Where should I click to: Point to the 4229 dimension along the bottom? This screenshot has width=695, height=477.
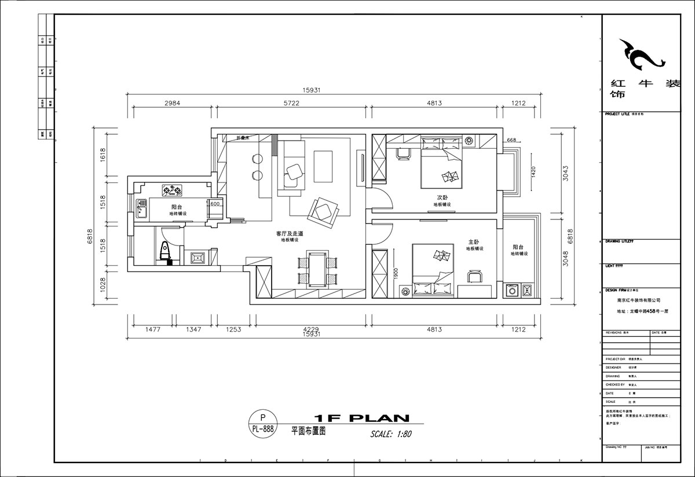pyautogui.click(x=311, y=329)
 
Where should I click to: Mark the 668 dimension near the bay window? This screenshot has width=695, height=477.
pyautogui.click(x=511, y=140)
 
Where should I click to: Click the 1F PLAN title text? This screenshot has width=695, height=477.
pyautogui.click(x=361, y=418)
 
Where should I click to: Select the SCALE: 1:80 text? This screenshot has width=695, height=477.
pyautogui.click(x=391, y=434)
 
